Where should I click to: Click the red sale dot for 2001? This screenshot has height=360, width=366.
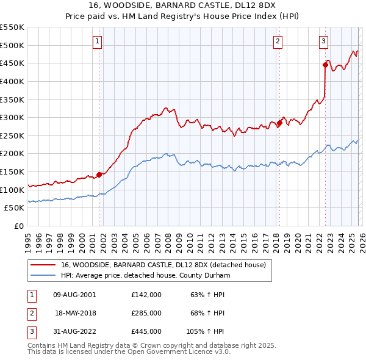(99, 174)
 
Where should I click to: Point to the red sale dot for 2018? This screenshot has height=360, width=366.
(279, 123)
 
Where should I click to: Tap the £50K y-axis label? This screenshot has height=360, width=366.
(15, 208)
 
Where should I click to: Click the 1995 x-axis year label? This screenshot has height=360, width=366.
(28, 239)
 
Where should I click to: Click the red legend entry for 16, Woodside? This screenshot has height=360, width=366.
(163, 265)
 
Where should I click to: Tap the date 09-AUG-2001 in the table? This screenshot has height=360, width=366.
(74, 295)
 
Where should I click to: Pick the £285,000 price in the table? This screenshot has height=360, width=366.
(146, 313)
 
